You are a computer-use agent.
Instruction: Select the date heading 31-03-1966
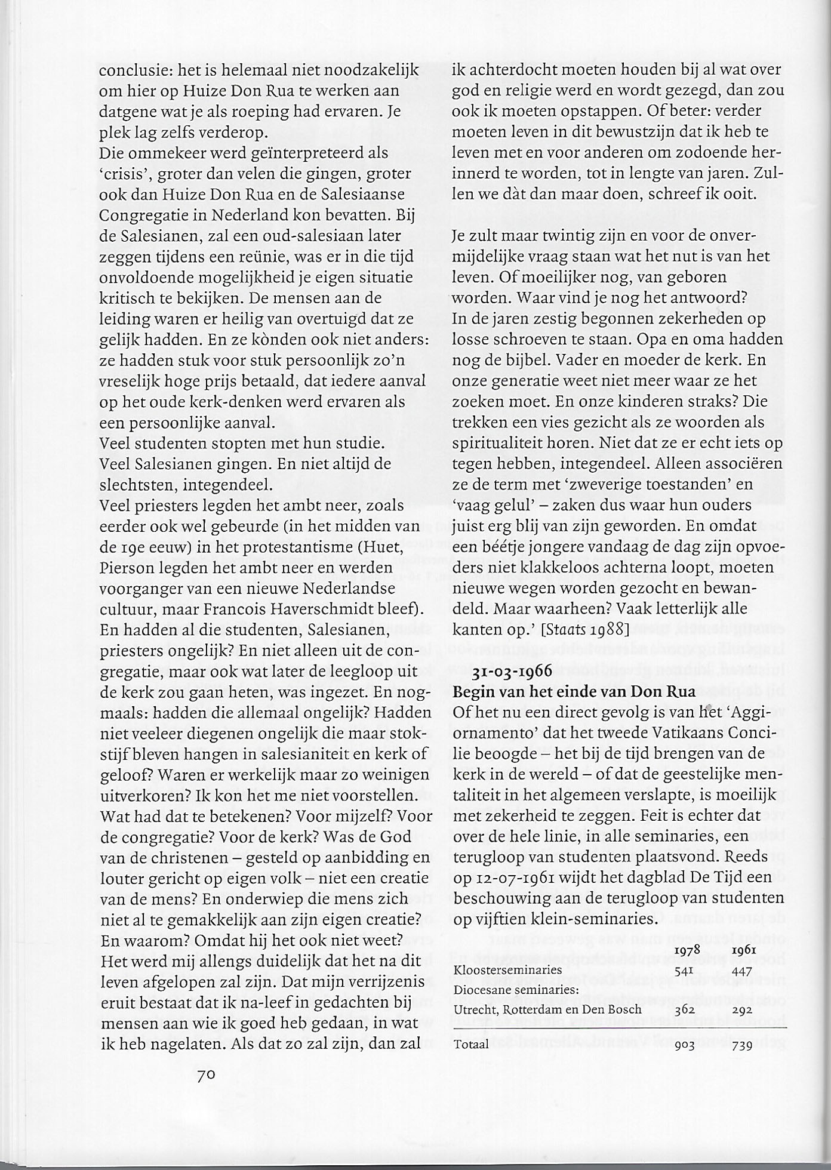[512, 672]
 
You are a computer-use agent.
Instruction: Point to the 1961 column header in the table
[741, 950]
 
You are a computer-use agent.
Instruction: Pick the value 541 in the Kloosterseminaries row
[685, 971]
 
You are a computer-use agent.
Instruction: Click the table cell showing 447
[741, 971]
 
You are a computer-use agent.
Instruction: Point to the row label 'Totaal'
[471, 1044]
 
